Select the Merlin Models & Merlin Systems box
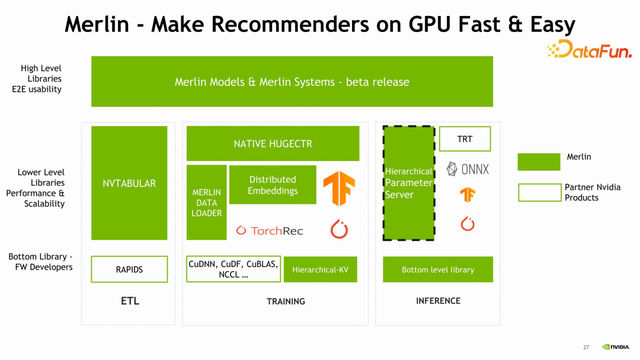pos(292,81)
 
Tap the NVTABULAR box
pos(129,183)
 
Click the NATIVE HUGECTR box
pos(272,144)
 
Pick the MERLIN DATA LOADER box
pos(207,202)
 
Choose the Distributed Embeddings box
pos(272,185)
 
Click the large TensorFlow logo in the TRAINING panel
pos(339,187)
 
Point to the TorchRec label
pos(269,230)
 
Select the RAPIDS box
pos(129,269)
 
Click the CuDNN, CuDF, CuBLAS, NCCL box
pos(231,268)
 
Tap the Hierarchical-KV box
pos(321,269)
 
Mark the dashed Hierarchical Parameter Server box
pos(408,183)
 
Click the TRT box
pos(464,139)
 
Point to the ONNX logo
pos(467,169)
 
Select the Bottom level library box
pos(438,269)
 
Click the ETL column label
pos(129,301)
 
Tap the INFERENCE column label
pos(438,301)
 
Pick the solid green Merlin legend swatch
pos(539,161)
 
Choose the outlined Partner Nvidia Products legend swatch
pos(539,192)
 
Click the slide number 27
pos(586,347)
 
